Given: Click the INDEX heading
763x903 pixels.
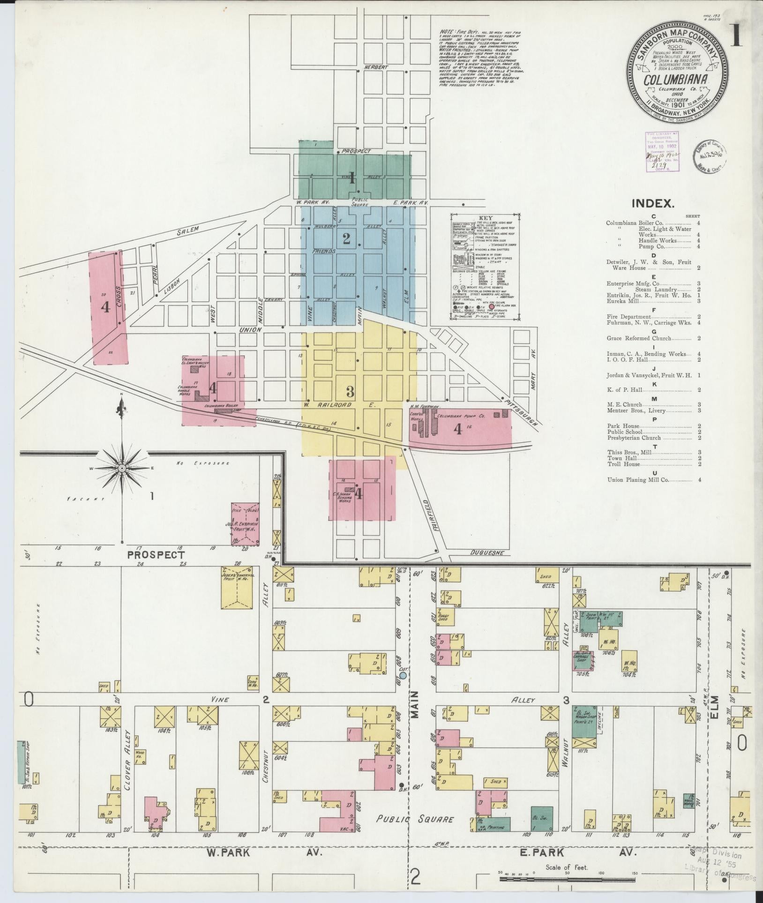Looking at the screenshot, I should tap(653, 203).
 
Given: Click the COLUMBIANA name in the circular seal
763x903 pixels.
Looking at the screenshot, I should tap(675, 80).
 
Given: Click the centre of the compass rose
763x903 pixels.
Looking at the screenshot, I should tap(122, 468).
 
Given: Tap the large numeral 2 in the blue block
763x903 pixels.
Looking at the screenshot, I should tap(346, 239).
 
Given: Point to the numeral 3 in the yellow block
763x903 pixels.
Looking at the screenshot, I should tap(349, 391).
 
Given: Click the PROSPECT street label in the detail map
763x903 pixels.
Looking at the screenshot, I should tap(156, 555).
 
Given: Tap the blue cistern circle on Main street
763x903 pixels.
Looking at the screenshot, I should tap(403, 675).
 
